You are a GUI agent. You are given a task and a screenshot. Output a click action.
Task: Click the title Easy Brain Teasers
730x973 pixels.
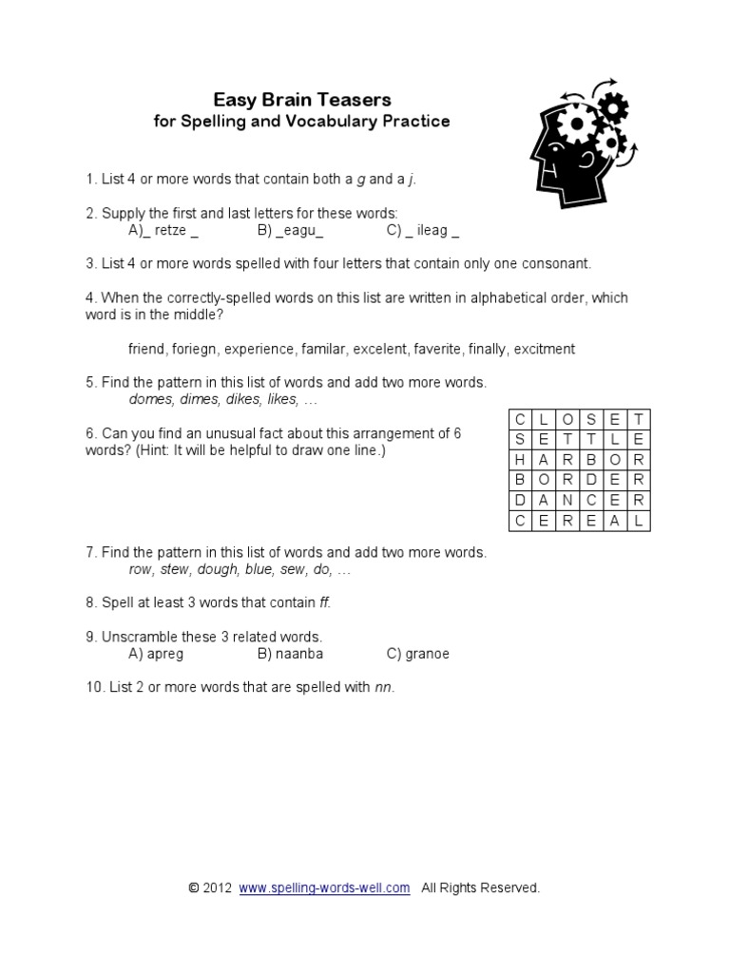[301, 100]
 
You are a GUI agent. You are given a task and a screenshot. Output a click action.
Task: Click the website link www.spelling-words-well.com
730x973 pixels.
[324, 887]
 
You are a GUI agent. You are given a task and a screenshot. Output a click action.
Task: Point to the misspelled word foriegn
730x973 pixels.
[195, 349]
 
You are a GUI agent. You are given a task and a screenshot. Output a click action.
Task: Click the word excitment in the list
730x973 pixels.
[544, 349]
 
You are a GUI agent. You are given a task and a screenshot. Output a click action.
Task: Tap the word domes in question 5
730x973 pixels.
[149, 400]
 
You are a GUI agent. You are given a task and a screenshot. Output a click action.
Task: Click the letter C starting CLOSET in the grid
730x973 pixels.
[520, 419]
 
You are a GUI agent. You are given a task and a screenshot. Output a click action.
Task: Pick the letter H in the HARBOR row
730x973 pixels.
[520, 460]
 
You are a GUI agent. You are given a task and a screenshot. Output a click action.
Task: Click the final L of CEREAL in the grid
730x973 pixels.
[639, 521]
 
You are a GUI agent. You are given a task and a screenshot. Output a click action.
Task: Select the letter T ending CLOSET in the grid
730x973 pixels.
[639, 419]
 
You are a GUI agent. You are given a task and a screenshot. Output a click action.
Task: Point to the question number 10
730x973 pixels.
[93, 687]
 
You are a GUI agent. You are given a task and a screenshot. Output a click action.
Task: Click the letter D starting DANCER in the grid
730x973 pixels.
[520, 501]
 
